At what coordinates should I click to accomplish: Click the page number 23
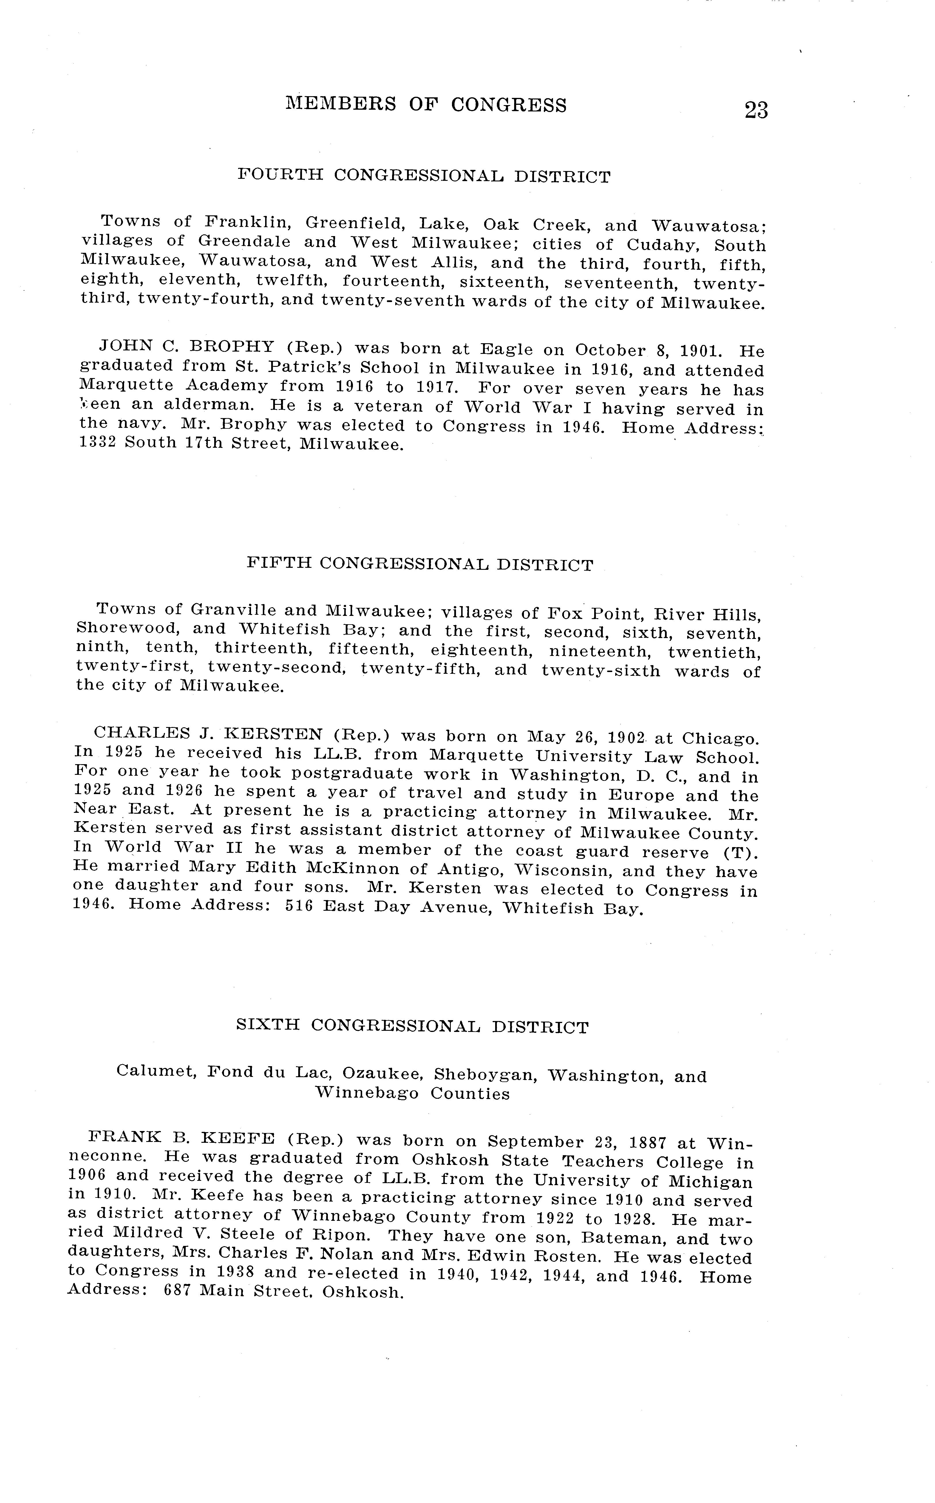pos(756,110)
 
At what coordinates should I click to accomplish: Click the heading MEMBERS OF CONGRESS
pos(425,105)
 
